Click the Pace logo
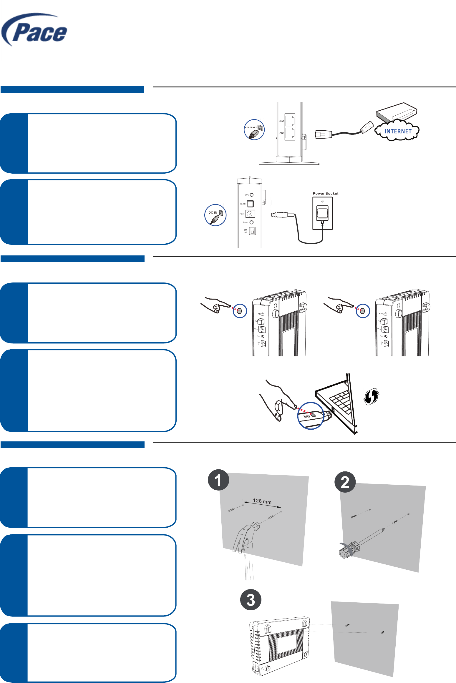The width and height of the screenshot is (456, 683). point(35,31)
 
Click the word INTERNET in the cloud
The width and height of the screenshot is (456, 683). point(398,131)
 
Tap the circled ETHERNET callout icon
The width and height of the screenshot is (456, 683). point(254,129)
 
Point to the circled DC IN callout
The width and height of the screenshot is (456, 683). point(215,215)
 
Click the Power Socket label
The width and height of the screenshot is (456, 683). point(325,194)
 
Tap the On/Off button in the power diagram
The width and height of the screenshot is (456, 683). point(250,204)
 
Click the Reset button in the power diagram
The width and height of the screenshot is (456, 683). point(251,222)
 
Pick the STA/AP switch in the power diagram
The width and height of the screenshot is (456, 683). point(252,231)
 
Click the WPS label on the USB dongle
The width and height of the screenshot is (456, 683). point(307,416)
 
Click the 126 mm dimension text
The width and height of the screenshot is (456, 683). point(262,501)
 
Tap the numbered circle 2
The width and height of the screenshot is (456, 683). point(345,482)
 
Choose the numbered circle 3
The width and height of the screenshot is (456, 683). point(251,600)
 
